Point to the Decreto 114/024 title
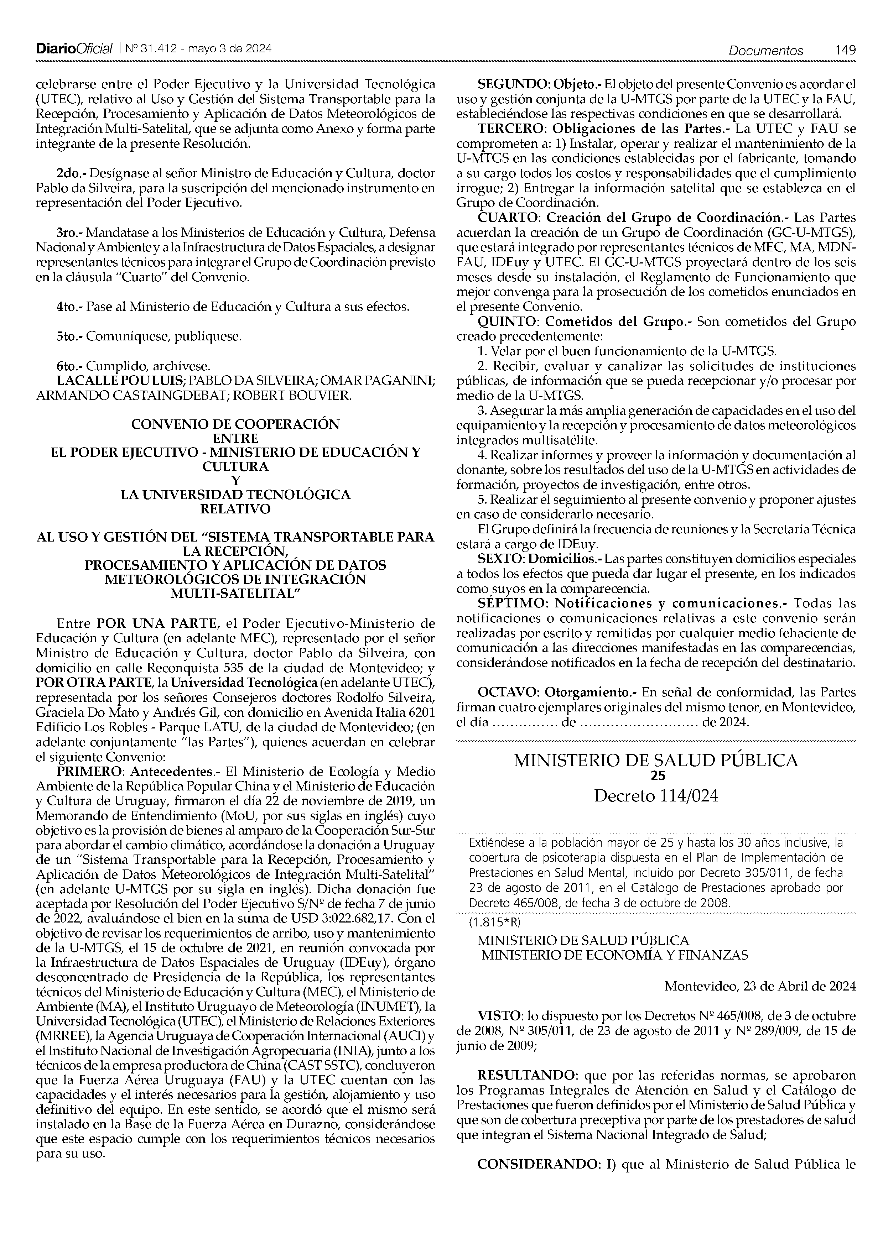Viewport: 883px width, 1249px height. pyautogui.click(x=656, y=796)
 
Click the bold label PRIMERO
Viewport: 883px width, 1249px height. pyautogui.click(x=91, y=772)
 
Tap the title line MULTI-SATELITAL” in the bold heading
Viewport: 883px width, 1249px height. pyautogui.click(x=235, y=594)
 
